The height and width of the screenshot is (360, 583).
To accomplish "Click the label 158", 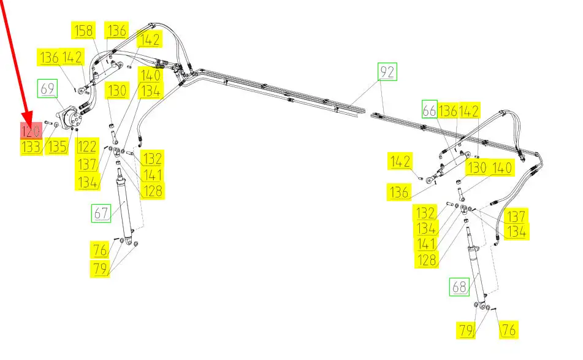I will pos(84,30).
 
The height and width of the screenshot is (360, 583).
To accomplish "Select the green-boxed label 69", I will pos(48,88).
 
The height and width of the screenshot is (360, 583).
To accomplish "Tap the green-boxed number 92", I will pos(387,72).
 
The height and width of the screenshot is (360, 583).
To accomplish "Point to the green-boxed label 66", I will pos(430,110).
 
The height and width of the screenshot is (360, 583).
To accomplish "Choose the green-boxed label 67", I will pos(101,213).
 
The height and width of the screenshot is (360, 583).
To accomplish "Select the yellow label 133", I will pos(31,147).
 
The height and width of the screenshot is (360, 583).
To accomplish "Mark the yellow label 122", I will pos(87,147).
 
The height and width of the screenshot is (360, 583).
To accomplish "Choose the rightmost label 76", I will pos(508,330).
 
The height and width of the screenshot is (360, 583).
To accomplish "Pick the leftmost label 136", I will pos(50,58).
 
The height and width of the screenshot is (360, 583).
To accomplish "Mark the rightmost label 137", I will pos(516,216).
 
